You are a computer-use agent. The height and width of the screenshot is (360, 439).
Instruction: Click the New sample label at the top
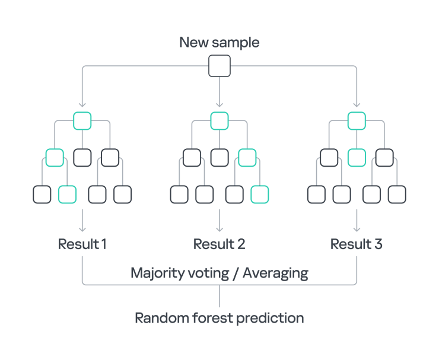pyautogui.click(x=220, y=43)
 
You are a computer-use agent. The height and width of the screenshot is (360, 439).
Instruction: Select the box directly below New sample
pyautogui.click(x=220, y=66)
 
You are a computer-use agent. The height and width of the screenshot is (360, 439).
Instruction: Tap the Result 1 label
pyautogui.click(x=82, y=244)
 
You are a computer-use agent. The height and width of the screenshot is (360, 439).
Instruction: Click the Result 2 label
pyautogui.click(x=220, y=244)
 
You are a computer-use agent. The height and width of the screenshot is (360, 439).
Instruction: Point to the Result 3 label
pyautogui.click(x=357, y=244)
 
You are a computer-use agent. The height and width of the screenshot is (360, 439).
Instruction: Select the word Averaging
pyautogui.click(x=275, y=273)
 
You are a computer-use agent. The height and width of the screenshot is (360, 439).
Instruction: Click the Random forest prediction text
pyautogui.click(x=220, y=318)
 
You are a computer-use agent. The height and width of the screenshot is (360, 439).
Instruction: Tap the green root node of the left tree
pyautogui.click(x=82, y=121)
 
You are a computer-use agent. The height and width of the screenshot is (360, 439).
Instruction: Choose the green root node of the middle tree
pyautogui.click(x=220, y=121)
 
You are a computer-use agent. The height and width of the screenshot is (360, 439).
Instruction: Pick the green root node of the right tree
pyautogui.click(x=357, y=121)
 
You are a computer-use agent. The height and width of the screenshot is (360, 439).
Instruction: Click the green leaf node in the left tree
pyautogui.click(x=68, y=194)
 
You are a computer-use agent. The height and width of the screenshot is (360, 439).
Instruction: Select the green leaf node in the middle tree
pyautogui.click(x=260, y=194)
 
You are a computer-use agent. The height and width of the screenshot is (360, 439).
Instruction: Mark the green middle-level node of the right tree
pyautogui.click(x=357, y=158)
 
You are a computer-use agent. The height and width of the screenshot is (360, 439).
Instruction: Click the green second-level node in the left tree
pyautogui.click(x=55, y=158)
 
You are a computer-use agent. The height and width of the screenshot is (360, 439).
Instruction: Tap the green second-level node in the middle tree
pyautogui.click(x=247, y=158)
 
